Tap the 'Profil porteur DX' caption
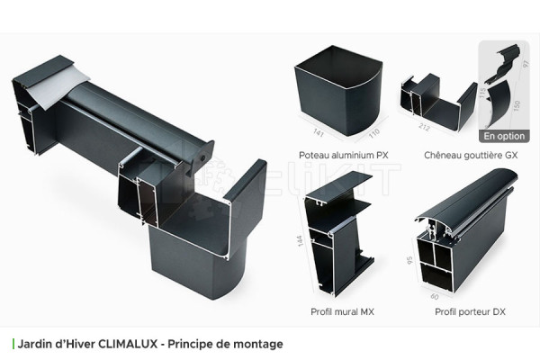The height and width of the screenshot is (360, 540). [471, 311]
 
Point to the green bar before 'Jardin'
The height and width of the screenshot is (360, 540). [13, 344]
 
